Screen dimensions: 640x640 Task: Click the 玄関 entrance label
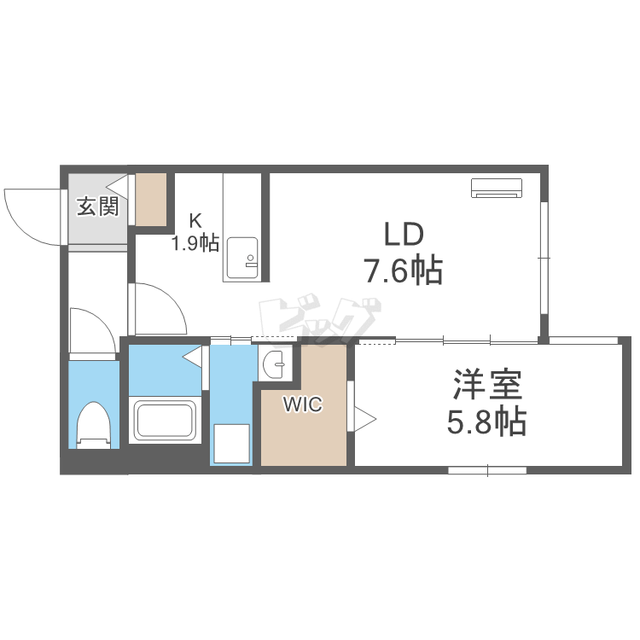[98, 207]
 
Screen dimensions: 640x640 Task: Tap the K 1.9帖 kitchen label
[195, 233]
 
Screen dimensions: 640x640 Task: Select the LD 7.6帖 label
[404, 253]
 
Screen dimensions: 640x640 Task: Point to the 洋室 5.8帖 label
[486, 402]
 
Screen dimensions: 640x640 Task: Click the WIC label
[303, 404]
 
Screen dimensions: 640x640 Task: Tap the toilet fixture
[94, 425]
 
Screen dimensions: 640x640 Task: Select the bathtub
[165, 419]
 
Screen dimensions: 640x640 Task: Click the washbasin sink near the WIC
[275, 363]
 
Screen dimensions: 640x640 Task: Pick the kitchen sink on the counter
[242, 258]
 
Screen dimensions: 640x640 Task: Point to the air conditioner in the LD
[497, 188]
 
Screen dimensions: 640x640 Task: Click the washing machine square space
[231, 443]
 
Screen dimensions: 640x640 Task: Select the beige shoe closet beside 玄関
[151, 199]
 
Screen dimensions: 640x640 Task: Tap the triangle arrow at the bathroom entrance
[192, 358]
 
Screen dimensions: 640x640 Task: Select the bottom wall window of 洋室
[487, 470]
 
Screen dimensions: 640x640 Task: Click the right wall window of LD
[544, 258]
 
